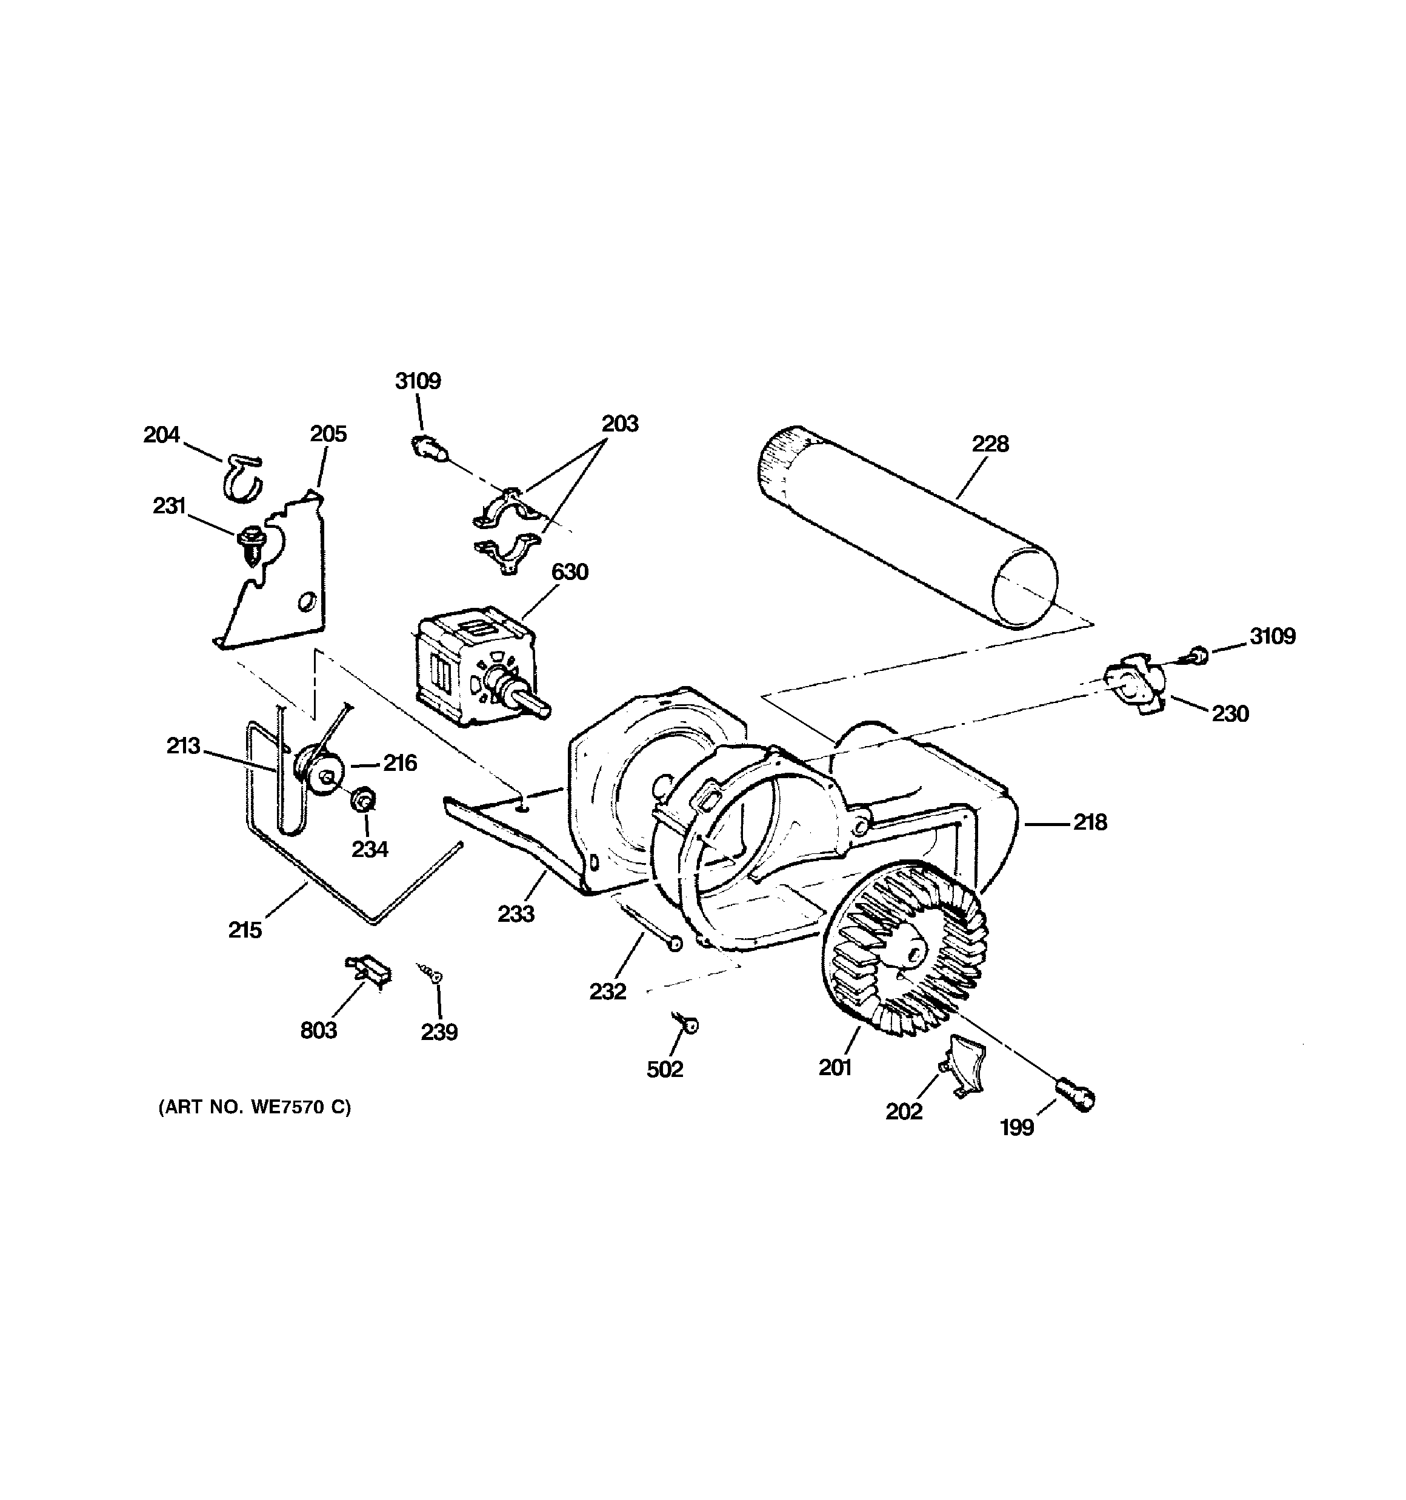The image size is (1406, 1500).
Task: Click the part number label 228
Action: pos(990,444)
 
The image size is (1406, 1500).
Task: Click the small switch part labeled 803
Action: pos(368,969)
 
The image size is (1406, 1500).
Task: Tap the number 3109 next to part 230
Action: pos(1273,636)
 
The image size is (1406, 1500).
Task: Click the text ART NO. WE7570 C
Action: pos(255,1107)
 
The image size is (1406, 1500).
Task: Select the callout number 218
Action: pos(1090,822)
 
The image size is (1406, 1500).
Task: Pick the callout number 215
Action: pos(245,930)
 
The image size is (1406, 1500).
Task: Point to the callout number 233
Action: pos(516,914)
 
